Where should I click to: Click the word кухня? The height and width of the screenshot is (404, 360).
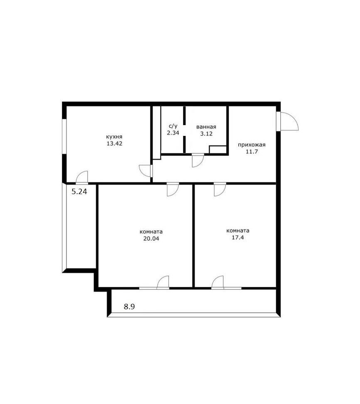(x=114, y=137)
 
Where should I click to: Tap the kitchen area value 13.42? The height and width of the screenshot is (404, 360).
(x=115, y=143)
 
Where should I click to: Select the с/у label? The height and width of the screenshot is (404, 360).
(x=173, y=126)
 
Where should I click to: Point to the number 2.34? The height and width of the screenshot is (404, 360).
(x=173, y=133)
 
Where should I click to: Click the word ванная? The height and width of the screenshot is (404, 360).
(x=206, y=127)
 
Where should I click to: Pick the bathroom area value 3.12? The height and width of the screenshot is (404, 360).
(x=206, y=133)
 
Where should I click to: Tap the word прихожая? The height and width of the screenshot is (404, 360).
(x=251, y=145)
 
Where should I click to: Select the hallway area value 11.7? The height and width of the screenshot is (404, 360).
(x=252, y=151)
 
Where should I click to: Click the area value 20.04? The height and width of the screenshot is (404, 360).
(x=151, y=239)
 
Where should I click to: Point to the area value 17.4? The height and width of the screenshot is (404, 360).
(x=238, y=238)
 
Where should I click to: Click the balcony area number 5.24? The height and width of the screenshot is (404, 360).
(x=79, y=192)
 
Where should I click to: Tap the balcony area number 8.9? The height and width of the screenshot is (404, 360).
(x=129, y=307)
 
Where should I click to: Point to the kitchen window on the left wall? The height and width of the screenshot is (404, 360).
(x=65, y=137)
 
